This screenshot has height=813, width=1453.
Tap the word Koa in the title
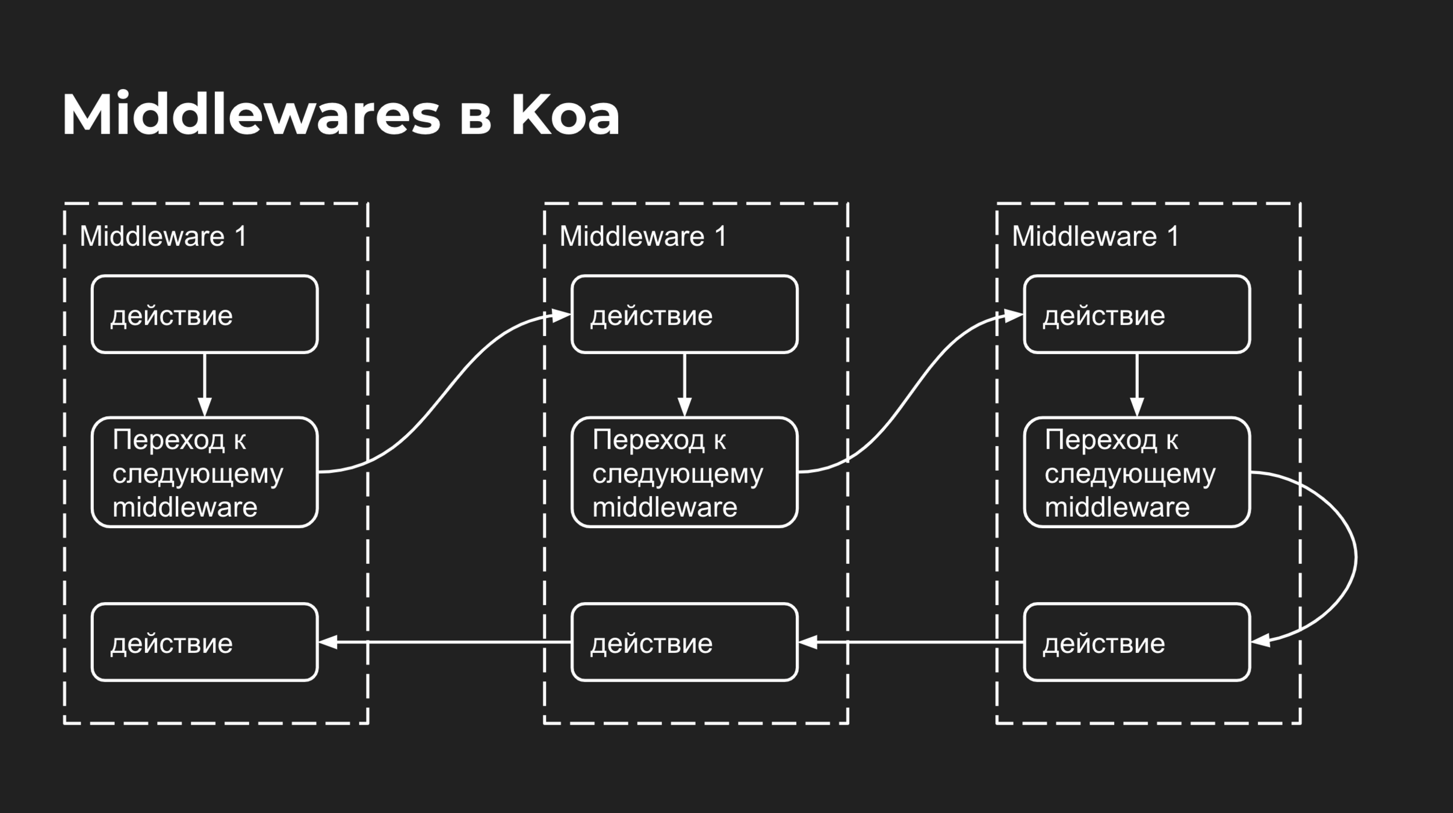pos(565,114)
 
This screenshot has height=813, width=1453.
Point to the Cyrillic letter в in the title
pos(476,117)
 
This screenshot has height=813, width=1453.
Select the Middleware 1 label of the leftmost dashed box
pos(163,236)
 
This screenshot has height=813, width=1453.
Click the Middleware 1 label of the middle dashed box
pos(643,236)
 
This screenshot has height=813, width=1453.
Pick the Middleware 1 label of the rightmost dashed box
pos(1095,236)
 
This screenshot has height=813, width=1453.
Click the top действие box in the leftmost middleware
pos(205,314)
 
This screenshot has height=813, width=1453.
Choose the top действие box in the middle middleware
pos(684,314)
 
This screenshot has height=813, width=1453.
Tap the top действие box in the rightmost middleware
pos(1136,314)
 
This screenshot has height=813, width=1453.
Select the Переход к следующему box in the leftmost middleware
pos(205,473)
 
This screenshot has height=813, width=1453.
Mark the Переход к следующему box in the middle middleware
pos(684,473)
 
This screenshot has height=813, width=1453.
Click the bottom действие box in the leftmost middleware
pos(205,643)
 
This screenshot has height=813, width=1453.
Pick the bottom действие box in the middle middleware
pos(684,643)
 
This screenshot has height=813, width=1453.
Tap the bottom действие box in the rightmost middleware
pos(1136,643)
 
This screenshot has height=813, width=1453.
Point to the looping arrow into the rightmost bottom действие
pos(1354,557)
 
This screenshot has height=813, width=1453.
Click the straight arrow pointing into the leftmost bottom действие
pos(445,643)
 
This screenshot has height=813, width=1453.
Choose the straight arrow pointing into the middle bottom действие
pos(912,643)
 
